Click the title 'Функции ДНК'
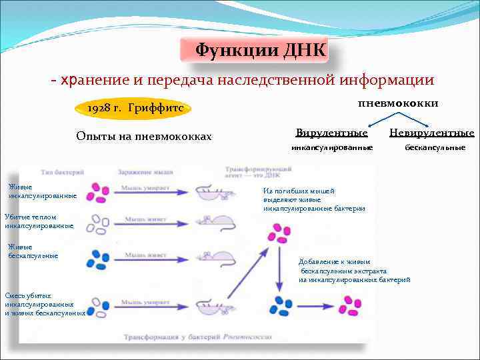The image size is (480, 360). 261,51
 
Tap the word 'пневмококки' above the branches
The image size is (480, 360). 398,103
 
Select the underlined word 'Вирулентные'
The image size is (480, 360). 331,133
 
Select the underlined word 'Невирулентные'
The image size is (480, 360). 431,133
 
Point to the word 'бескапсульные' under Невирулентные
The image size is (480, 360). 435,147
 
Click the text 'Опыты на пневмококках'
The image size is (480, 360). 144,137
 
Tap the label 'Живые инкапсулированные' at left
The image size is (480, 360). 42,191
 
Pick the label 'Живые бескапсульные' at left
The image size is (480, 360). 33,251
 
